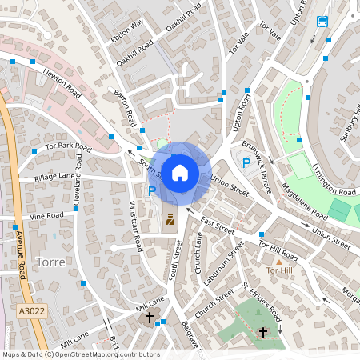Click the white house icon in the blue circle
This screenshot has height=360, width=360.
tap(180, 172)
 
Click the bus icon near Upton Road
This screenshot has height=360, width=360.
tap(322, 22)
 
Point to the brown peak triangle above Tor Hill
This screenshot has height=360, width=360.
tap(279, 262)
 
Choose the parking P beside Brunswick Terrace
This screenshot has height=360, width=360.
tap(246, 163)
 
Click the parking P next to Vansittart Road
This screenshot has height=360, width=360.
tap(151, 190)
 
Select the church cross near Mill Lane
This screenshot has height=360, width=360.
tap(150, 318)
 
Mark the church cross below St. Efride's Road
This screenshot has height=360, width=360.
tap(264, 332)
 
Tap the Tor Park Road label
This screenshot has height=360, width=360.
tap(70, 147)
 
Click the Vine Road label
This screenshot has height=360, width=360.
tap(47, 216)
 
